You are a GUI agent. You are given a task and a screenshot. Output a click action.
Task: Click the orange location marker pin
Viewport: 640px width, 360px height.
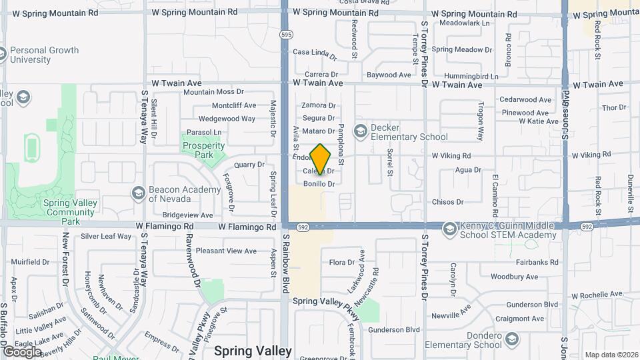(x=321, y=159)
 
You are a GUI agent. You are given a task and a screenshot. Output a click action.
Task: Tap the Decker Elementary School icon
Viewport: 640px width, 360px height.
(x=361, y=131)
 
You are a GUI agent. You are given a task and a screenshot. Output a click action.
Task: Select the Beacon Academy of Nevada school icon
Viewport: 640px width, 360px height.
(x=138, y=193)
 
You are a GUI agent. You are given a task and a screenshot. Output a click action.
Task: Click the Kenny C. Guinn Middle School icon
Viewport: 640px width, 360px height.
(x=450, y=229)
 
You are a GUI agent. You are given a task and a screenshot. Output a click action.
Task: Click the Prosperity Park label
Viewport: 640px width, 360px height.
(x=203, y=150)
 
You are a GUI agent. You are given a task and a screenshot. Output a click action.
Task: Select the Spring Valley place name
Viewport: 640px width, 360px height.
(x=253, y=351)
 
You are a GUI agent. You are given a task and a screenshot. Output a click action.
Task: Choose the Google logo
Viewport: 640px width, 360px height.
(x=22, y=351)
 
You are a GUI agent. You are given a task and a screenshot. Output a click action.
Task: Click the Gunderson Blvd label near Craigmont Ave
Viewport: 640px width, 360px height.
(x=531, y=304)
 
